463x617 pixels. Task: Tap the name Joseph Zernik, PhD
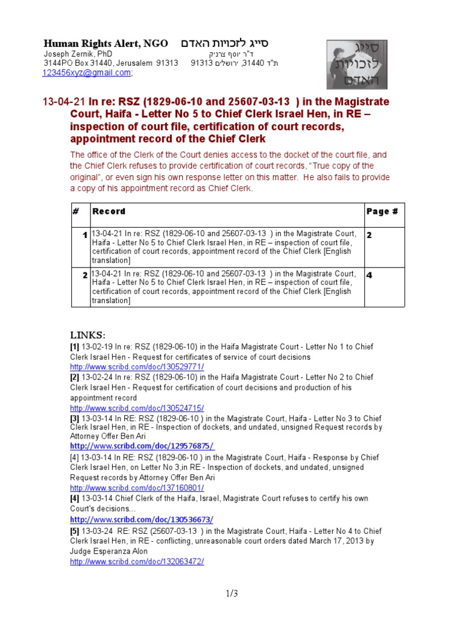78,54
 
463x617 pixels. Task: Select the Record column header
109,211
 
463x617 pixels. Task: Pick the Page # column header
382,211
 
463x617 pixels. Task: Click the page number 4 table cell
370,275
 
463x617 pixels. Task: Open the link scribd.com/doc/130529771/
137,367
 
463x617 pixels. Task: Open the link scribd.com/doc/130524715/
137,408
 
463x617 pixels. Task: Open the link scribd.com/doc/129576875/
142,446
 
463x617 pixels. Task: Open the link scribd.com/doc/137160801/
137,488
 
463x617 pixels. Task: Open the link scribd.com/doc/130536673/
142,519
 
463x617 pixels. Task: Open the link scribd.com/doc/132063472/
137,562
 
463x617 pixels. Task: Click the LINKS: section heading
87,335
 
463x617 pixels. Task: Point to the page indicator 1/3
231,594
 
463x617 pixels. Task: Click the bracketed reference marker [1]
75,346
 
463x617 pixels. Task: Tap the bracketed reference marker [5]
75,531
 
